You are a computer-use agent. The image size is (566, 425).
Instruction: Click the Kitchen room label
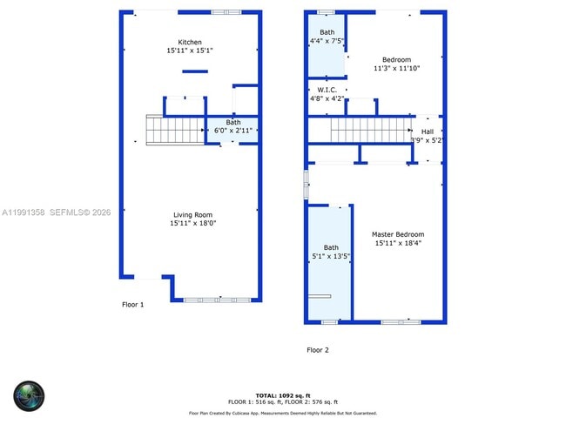point(190,42)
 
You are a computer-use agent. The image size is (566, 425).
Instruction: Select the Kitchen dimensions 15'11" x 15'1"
point(190,51)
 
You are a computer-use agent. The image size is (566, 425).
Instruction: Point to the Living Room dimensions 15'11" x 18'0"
point(192,224)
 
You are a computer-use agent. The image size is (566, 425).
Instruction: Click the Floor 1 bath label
point(233,123)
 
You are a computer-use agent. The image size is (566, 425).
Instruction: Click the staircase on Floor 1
point(174,130)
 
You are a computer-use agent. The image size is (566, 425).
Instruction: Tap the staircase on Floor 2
point(370,131)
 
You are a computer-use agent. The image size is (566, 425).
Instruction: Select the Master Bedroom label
point(397,234)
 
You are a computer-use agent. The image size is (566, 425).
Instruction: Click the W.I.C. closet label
point(327,90)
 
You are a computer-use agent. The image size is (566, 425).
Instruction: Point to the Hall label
point(427,132)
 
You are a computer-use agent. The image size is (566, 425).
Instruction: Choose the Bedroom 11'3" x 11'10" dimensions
point(397,68)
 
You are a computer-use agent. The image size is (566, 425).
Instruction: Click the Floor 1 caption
point(132,305)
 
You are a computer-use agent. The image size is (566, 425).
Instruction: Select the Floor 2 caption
point(318,350)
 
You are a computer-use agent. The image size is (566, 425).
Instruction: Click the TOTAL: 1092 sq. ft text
point(283,395)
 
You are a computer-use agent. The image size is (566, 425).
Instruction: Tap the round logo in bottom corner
point(28,396)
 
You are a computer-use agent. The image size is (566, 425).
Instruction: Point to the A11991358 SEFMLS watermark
point(56,212)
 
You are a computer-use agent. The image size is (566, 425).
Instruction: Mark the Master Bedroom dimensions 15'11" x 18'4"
point(397,244)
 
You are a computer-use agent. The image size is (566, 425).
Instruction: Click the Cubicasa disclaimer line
point(283,413)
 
